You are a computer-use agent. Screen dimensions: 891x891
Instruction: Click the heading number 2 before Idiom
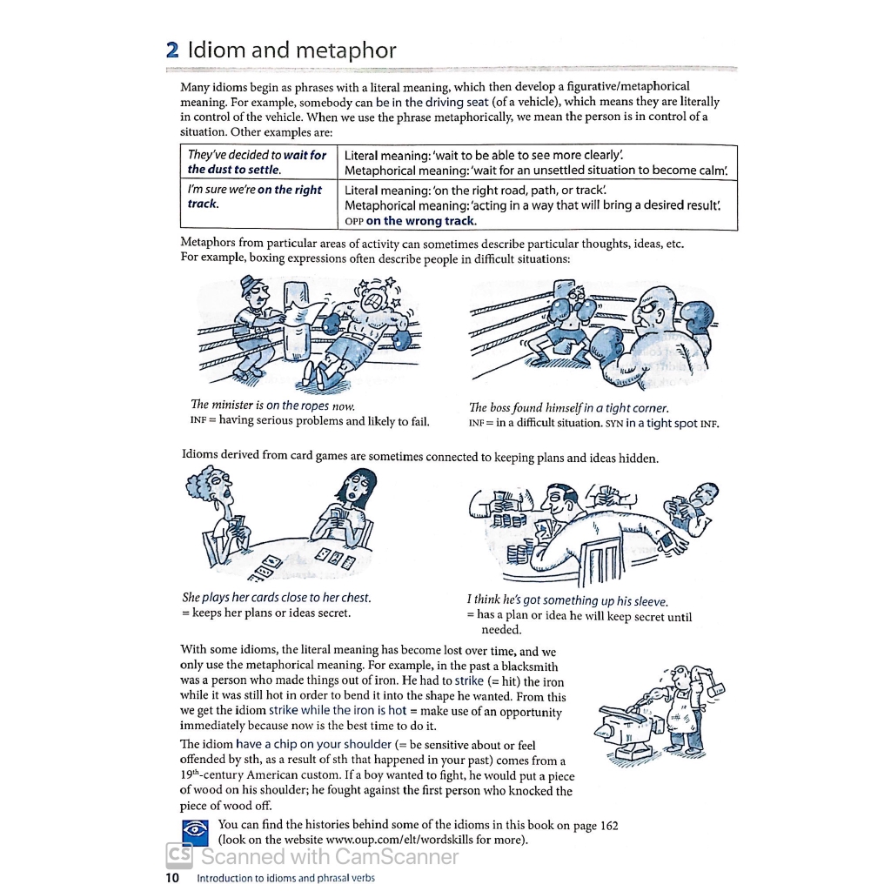point(171,50)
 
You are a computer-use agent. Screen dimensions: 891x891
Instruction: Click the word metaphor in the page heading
point(346,50)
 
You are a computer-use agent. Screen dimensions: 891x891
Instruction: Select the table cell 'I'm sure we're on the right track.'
point(255,197)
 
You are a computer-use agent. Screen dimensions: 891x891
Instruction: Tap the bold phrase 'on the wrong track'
point(421,221)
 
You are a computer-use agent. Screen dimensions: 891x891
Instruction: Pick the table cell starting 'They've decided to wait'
point(257,162)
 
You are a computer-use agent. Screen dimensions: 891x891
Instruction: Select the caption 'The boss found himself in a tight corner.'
point(569,407)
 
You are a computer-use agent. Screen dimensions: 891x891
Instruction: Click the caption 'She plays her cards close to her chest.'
point(276,598)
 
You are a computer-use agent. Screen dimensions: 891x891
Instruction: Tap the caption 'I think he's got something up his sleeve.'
point(567,600)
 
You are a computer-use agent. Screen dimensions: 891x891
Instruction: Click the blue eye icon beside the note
point(194,832)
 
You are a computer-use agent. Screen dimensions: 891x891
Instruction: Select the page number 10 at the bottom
point(171,877)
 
